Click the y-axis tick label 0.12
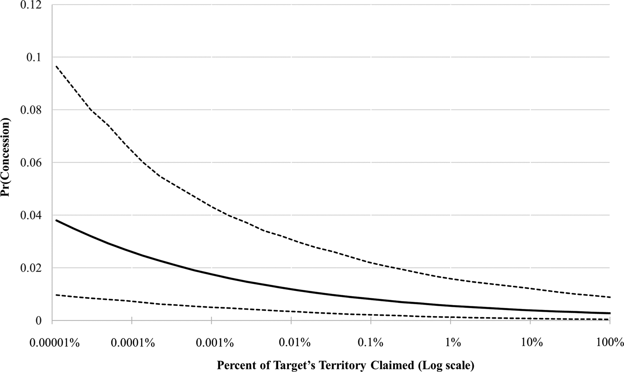(31, 4)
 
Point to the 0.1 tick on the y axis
(34, 57)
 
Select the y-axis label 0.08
(31, 110)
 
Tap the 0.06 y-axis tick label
(31, 163)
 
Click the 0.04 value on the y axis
(31, 215)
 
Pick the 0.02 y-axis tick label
(31, 268)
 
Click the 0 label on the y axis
(38, 321)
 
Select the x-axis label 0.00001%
(54, 343)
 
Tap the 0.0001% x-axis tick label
(133, 343)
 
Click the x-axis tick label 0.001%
(214, 343)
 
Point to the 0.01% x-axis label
(295, 343)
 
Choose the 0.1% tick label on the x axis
(370, 343)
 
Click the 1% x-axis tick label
(453, 343)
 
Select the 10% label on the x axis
(532, 343)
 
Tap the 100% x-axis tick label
(610, 343)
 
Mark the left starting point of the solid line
(56, 220)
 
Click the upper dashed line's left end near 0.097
(56, 66)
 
